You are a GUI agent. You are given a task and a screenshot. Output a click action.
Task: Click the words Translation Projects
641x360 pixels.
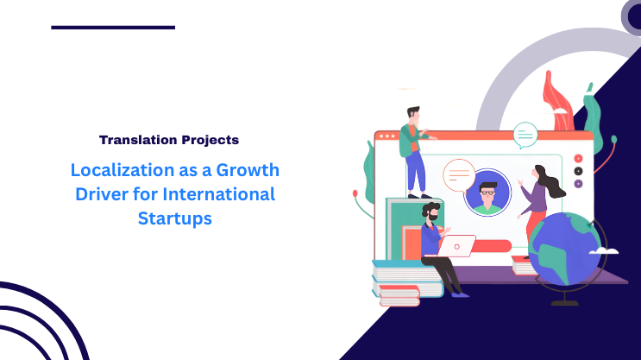click(169, 139)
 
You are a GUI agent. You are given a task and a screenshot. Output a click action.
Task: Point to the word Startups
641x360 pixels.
click(174, 218)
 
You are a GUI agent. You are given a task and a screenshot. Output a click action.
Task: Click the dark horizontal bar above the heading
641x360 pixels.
click(113, 27)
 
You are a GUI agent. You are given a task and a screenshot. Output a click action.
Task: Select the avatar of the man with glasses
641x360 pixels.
click(487, 192)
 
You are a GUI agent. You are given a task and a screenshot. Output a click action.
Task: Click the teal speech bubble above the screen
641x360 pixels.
click(525, 134)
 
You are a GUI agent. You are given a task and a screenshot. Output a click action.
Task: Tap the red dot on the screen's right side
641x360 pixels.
click(578, 159)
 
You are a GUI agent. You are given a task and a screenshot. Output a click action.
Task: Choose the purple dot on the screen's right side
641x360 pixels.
click(578, 184)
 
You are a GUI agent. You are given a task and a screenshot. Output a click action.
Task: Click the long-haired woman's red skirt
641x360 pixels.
click(535, 227)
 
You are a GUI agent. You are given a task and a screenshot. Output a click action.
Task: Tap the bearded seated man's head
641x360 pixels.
click(430, 211)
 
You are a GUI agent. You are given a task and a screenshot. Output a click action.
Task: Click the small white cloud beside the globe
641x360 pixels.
click(606, 249)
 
